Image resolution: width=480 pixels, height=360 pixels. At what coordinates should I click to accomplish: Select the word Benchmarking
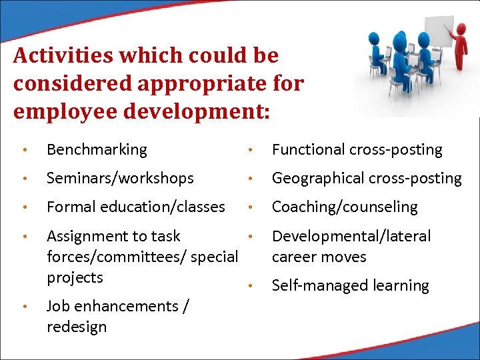tap(97, 150)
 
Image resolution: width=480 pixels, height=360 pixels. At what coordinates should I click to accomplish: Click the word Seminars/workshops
tap(120, 179)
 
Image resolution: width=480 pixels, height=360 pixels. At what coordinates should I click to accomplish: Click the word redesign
tap(77, 327)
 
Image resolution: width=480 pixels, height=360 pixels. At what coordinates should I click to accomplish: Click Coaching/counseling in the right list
tap(345, 207)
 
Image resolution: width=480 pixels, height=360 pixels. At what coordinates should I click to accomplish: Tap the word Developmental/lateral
tap(351, 236)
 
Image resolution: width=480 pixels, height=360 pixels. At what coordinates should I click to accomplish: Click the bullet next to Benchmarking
tap(24, 151)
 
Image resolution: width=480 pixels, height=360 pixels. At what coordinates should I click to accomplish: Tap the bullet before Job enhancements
tap(24, 307)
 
